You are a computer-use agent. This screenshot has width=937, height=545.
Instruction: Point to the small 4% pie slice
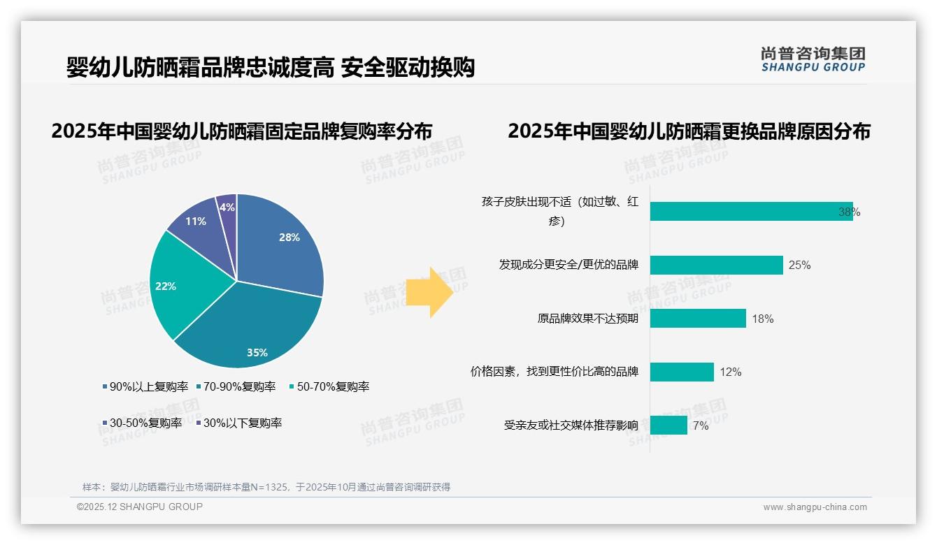click(227, 207)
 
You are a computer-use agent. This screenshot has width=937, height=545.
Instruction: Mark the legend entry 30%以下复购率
click(238, 423)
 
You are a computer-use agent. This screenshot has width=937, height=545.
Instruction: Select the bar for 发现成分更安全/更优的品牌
click(716, 265)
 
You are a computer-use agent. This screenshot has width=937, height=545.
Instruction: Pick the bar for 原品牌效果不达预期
click(698, 319)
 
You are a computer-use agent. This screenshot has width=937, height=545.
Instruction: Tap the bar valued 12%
click(682, 372)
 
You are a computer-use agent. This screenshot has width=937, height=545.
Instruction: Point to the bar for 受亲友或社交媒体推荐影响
click(668, 425)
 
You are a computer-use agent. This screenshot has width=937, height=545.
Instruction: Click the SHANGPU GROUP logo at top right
click(813, 59)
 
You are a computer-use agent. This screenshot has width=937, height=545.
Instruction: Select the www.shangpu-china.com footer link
click(815, 507)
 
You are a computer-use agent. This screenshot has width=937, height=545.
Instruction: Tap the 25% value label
click(799, 266)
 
